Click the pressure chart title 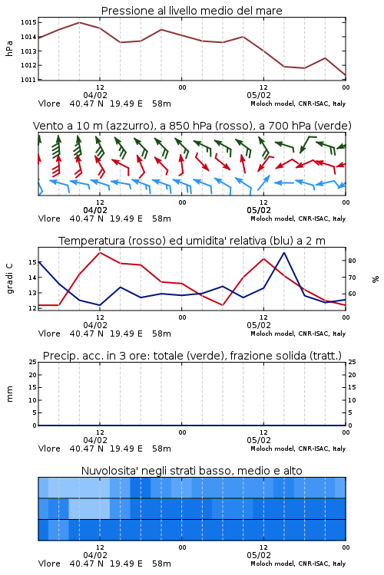(x=191, y=11)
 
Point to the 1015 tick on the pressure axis (x=28, y=22)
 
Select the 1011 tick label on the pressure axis (x=28, y=80)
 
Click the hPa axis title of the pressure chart (x=9, y=49)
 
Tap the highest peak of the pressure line (x=79, y=22)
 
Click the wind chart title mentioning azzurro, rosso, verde (x=192, y=126)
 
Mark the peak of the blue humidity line (x=283, y=253)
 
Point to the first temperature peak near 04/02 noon (x=100, y=252)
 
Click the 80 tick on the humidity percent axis (x=352, y=261)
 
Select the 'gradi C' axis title (x=9, y=278)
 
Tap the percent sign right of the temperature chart (x=376, y=279)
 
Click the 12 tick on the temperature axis (x=32, y=308)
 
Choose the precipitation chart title (x=192, y=356)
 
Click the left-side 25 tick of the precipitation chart (x=33, y=362)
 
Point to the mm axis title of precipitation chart (x=9, y=394)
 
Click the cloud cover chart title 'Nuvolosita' (x=191, y=471)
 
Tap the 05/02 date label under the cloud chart (x=259, y=555)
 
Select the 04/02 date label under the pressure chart (x=95, y=95)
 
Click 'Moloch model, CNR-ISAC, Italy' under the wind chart (x=298, y=219)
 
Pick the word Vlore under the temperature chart (x=49, y=333)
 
